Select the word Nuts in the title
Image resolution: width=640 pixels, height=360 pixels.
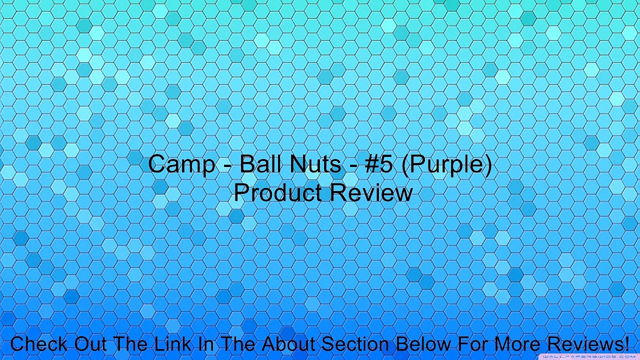point(316,163)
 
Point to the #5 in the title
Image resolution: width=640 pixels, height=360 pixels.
point(379,163)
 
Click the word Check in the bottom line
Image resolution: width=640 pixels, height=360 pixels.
point(38,344)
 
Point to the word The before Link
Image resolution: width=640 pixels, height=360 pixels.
point(131,344)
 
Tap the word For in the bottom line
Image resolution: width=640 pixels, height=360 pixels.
point(471,344)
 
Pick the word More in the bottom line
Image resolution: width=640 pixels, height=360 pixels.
point(516,344)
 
